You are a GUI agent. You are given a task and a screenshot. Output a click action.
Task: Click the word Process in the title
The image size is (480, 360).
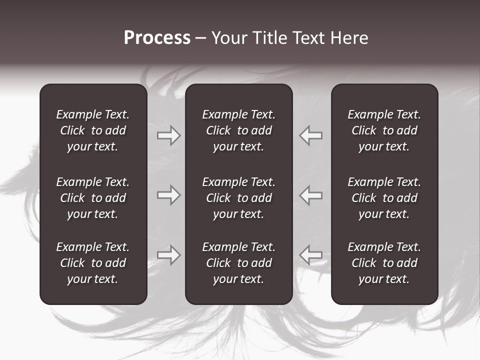pos(157,38)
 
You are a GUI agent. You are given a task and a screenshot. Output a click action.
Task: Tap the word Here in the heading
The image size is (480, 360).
pos(349,38)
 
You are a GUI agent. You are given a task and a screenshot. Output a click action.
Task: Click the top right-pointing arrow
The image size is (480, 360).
pos(169,135)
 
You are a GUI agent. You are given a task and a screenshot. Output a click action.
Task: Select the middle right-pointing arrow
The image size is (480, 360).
pos(169,194)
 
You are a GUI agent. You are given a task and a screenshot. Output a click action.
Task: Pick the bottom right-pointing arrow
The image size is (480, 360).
pos(169,254)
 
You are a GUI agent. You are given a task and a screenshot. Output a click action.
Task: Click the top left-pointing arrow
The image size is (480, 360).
pos(311,135)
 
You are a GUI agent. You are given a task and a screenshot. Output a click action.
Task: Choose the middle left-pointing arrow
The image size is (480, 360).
pos(311,194)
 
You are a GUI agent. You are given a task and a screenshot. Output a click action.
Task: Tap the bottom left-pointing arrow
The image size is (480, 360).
pos(311,254)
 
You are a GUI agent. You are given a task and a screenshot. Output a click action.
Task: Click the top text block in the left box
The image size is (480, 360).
pos(93,130)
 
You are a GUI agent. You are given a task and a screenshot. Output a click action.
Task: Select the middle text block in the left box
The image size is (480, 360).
pos(93,198)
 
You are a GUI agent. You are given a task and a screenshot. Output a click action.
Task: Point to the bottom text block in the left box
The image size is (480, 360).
pos(93,263)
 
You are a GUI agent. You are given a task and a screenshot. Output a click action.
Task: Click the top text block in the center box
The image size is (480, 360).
pos(239,130)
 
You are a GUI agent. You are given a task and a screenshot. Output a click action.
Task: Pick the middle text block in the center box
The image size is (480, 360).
pos(239,198)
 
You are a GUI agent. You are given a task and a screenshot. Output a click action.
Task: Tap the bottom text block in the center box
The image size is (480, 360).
pos(239,263)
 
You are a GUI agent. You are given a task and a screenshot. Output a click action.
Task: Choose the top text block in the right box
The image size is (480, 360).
pos(384,130)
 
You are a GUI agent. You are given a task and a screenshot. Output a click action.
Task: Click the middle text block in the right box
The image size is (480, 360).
pos(384,198)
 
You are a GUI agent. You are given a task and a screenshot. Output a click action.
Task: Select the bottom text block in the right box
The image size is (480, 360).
pos(384,263)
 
